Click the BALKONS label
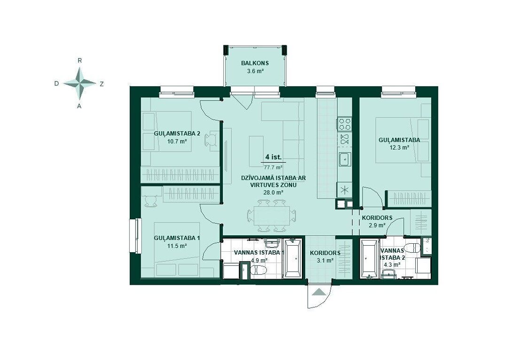click(x=255, y=63)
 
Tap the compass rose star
click(x=79, y=83)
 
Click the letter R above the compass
click(x=79, y=61)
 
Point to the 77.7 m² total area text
click(x=273, y=167)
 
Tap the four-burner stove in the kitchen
click(x=345, y=124)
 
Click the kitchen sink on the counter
click(x=345, y=159)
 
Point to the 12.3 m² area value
click(x=399, y=147)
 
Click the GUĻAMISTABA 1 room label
click(x=177, y=238)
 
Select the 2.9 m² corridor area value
click(x=377, y=225)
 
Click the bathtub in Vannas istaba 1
click(x=293, y=258)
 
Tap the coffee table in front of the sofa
click(x=256, y=151)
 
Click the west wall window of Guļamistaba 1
click(x=136, y=236)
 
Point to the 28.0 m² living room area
click(x=273, y=192)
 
